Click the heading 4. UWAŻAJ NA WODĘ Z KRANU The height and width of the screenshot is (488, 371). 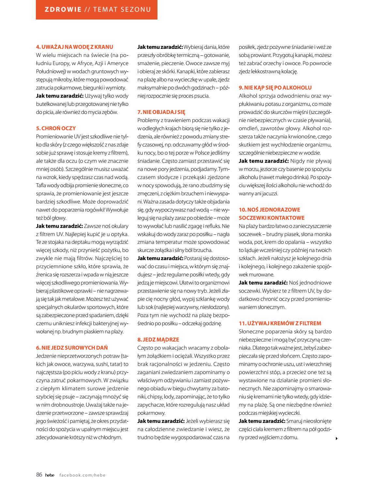coord(74,47)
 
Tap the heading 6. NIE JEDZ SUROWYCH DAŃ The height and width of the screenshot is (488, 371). coord(72,348)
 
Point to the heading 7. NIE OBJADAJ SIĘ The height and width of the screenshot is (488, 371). coord(161,112)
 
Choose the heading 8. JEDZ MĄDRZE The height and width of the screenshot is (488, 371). coord(158,340)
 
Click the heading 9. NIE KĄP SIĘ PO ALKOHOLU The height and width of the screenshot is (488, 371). coord(275,88)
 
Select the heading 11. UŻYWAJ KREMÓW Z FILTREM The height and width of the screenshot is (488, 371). coord(280,323)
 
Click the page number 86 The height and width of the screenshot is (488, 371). coord(39,475)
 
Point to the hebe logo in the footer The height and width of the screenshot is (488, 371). coord(50,475)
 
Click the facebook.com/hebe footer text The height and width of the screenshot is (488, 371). coord(82,475)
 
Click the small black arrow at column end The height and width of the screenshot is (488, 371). coord(336,439)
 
